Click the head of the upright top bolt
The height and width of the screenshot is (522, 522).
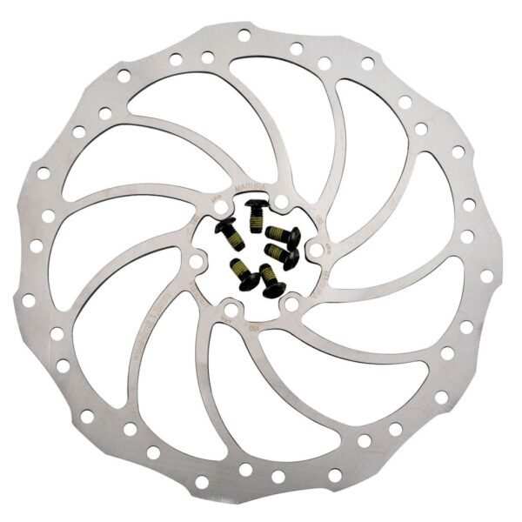[x=257, y=203]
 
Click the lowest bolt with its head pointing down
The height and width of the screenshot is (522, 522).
[x=271, y=280]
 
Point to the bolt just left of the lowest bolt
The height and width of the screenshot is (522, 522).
[x=244, y=272]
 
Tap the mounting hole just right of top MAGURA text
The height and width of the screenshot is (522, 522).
[x=282, y=202]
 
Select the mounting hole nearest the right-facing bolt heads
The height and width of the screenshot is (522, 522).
[x=316, y=250]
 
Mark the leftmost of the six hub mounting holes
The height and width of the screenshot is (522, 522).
[x=196, y=261]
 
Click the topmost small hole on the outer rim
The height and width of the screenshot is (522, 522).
[x=243, y=36]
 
